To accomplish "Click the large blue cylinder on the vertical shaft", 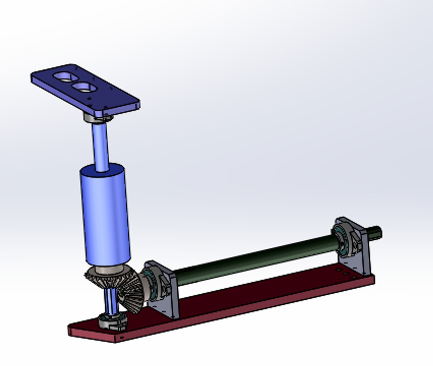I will point(105,215).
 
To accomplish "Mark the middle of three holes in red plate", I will point(346,274).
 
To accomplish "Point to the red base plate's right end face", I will point(373,280).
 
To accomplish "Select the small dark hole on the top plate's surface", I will point(89,99).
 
